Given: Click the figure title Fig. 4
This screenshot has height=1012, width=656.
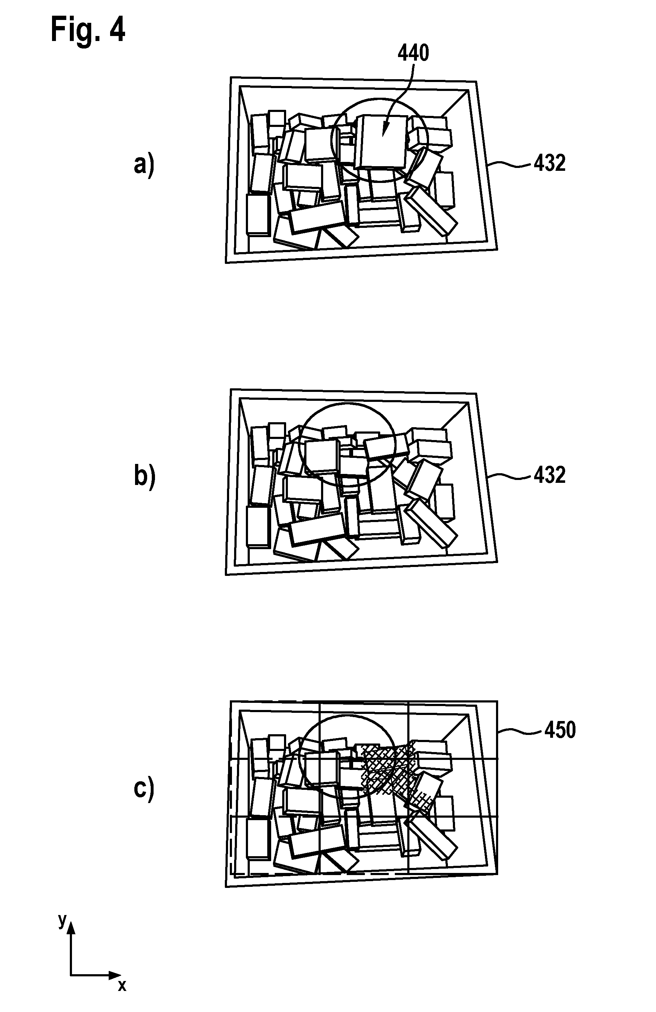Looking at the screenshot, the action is [x=88, y=30].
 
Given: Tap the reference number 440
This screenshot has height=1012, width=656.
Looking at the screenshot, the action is [x=413, y=53].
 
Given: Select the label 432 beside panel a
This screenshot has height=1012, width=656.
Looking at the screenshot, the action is [x=550, y=163].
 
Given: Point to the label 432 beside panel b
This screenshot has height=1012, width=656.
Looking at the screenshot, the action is [x=550, y=475].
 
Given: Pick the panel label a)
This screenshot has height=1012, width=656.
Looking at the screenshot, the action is [x=144, y=165].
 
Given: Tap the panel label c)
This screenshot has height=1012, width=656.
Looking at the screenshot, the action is [x=144, y=789].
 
